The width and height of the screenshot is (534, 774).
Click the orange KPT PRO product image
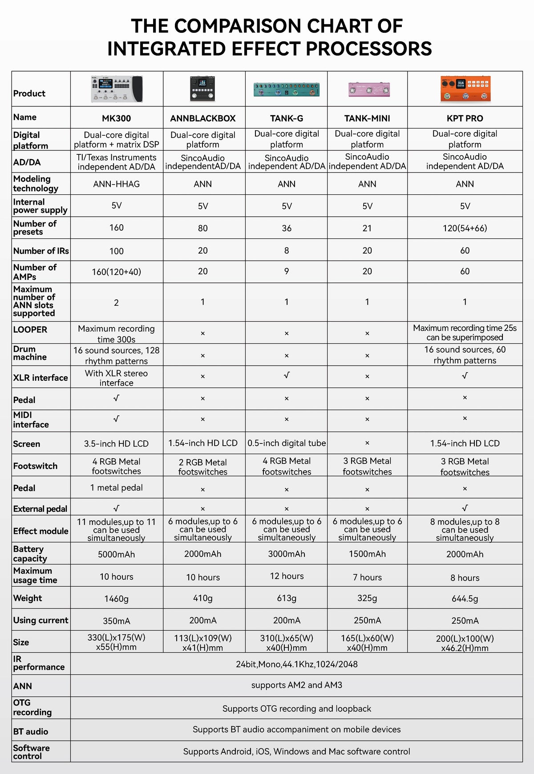click(465, 89)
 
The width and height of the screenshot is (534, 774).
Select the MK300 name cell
click(117, 118)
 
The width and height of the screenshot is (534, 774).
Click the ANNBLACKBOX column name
click(203, 118)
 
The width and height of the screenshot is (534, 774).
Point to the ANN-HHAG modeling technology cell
click(117, 184)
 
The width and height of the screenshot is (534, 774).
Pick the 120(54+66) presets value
click(465, 228)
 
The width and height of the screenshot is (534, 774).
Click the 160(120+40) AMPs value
click(117, 272)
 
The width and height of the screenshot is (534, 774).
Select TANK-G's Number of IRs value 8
click(287, 250)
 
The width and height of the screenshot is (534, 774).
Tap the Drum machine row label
click(30, 353)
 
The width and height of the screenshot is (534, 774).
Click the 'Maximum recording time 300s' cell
click(117, 334)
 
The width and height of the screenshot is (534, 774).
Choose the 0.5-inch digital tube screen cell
click(287, 443)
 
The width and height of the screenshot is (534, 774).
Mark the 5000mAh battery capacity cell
click(117, 554)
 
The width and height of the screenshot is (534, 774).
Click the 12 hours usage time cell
click(287, 576)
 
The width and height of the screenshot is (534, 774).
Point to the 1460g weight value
click(117, 599)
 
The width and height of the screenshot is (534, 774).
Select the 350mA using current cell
click(117, 621)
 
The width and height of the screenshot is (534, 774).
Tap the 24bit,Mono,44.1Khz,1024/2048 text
click(297, 664)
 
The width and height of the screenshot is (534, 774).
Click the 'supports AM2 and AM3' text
click(297, 685)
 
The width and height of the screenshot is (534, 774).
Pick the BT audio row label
click(31, 731)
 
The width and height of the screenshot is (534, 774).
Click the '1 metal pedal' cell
click(117, 488)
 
